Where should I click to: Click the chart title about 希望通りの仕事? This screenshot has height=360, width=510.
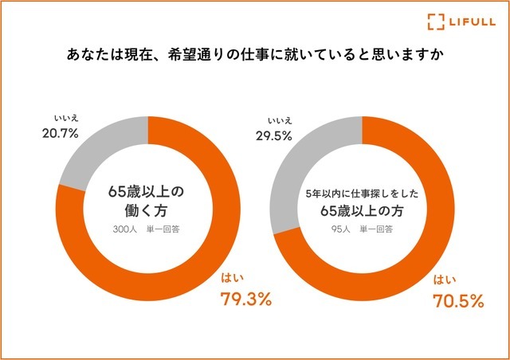(x=255, y=57)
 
